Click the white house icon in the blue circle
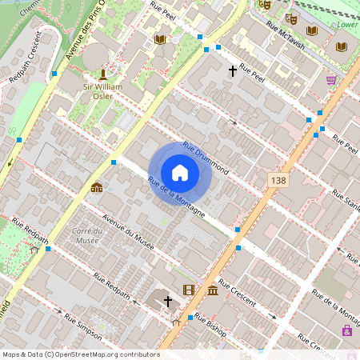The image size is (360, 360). click(x=180, y=172)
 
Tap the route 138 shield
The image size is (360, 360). click(x=278, y=182)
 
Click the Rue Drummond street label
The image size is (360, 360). click(x=206, y=158)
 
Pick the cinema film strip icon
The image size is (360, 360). click(x=189, y=290)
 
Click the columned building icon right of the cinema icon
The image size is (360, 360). click(x=212, y=290)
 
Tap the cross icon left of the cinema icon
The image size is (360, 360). click(x=168, y=302)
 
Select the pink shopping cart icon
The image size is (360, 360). click(x=331, y=80)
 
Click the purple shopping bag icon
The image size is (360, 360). click(x=347, y=330)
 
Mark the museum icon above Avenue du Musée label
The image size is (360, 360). click(x=97, y=188)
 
